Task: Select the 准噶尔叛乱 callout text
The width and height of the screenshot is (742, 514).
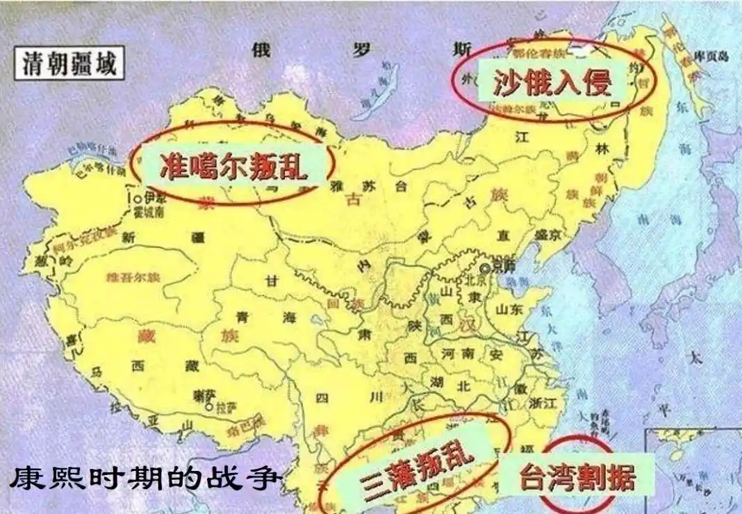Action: click(x=233, y=165)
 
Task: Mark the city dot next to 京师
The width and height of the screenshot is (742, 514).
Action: click(x=484, y=266)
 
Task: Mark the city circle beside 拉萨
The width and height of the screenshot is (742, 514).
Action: click(x=208, y=408)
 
